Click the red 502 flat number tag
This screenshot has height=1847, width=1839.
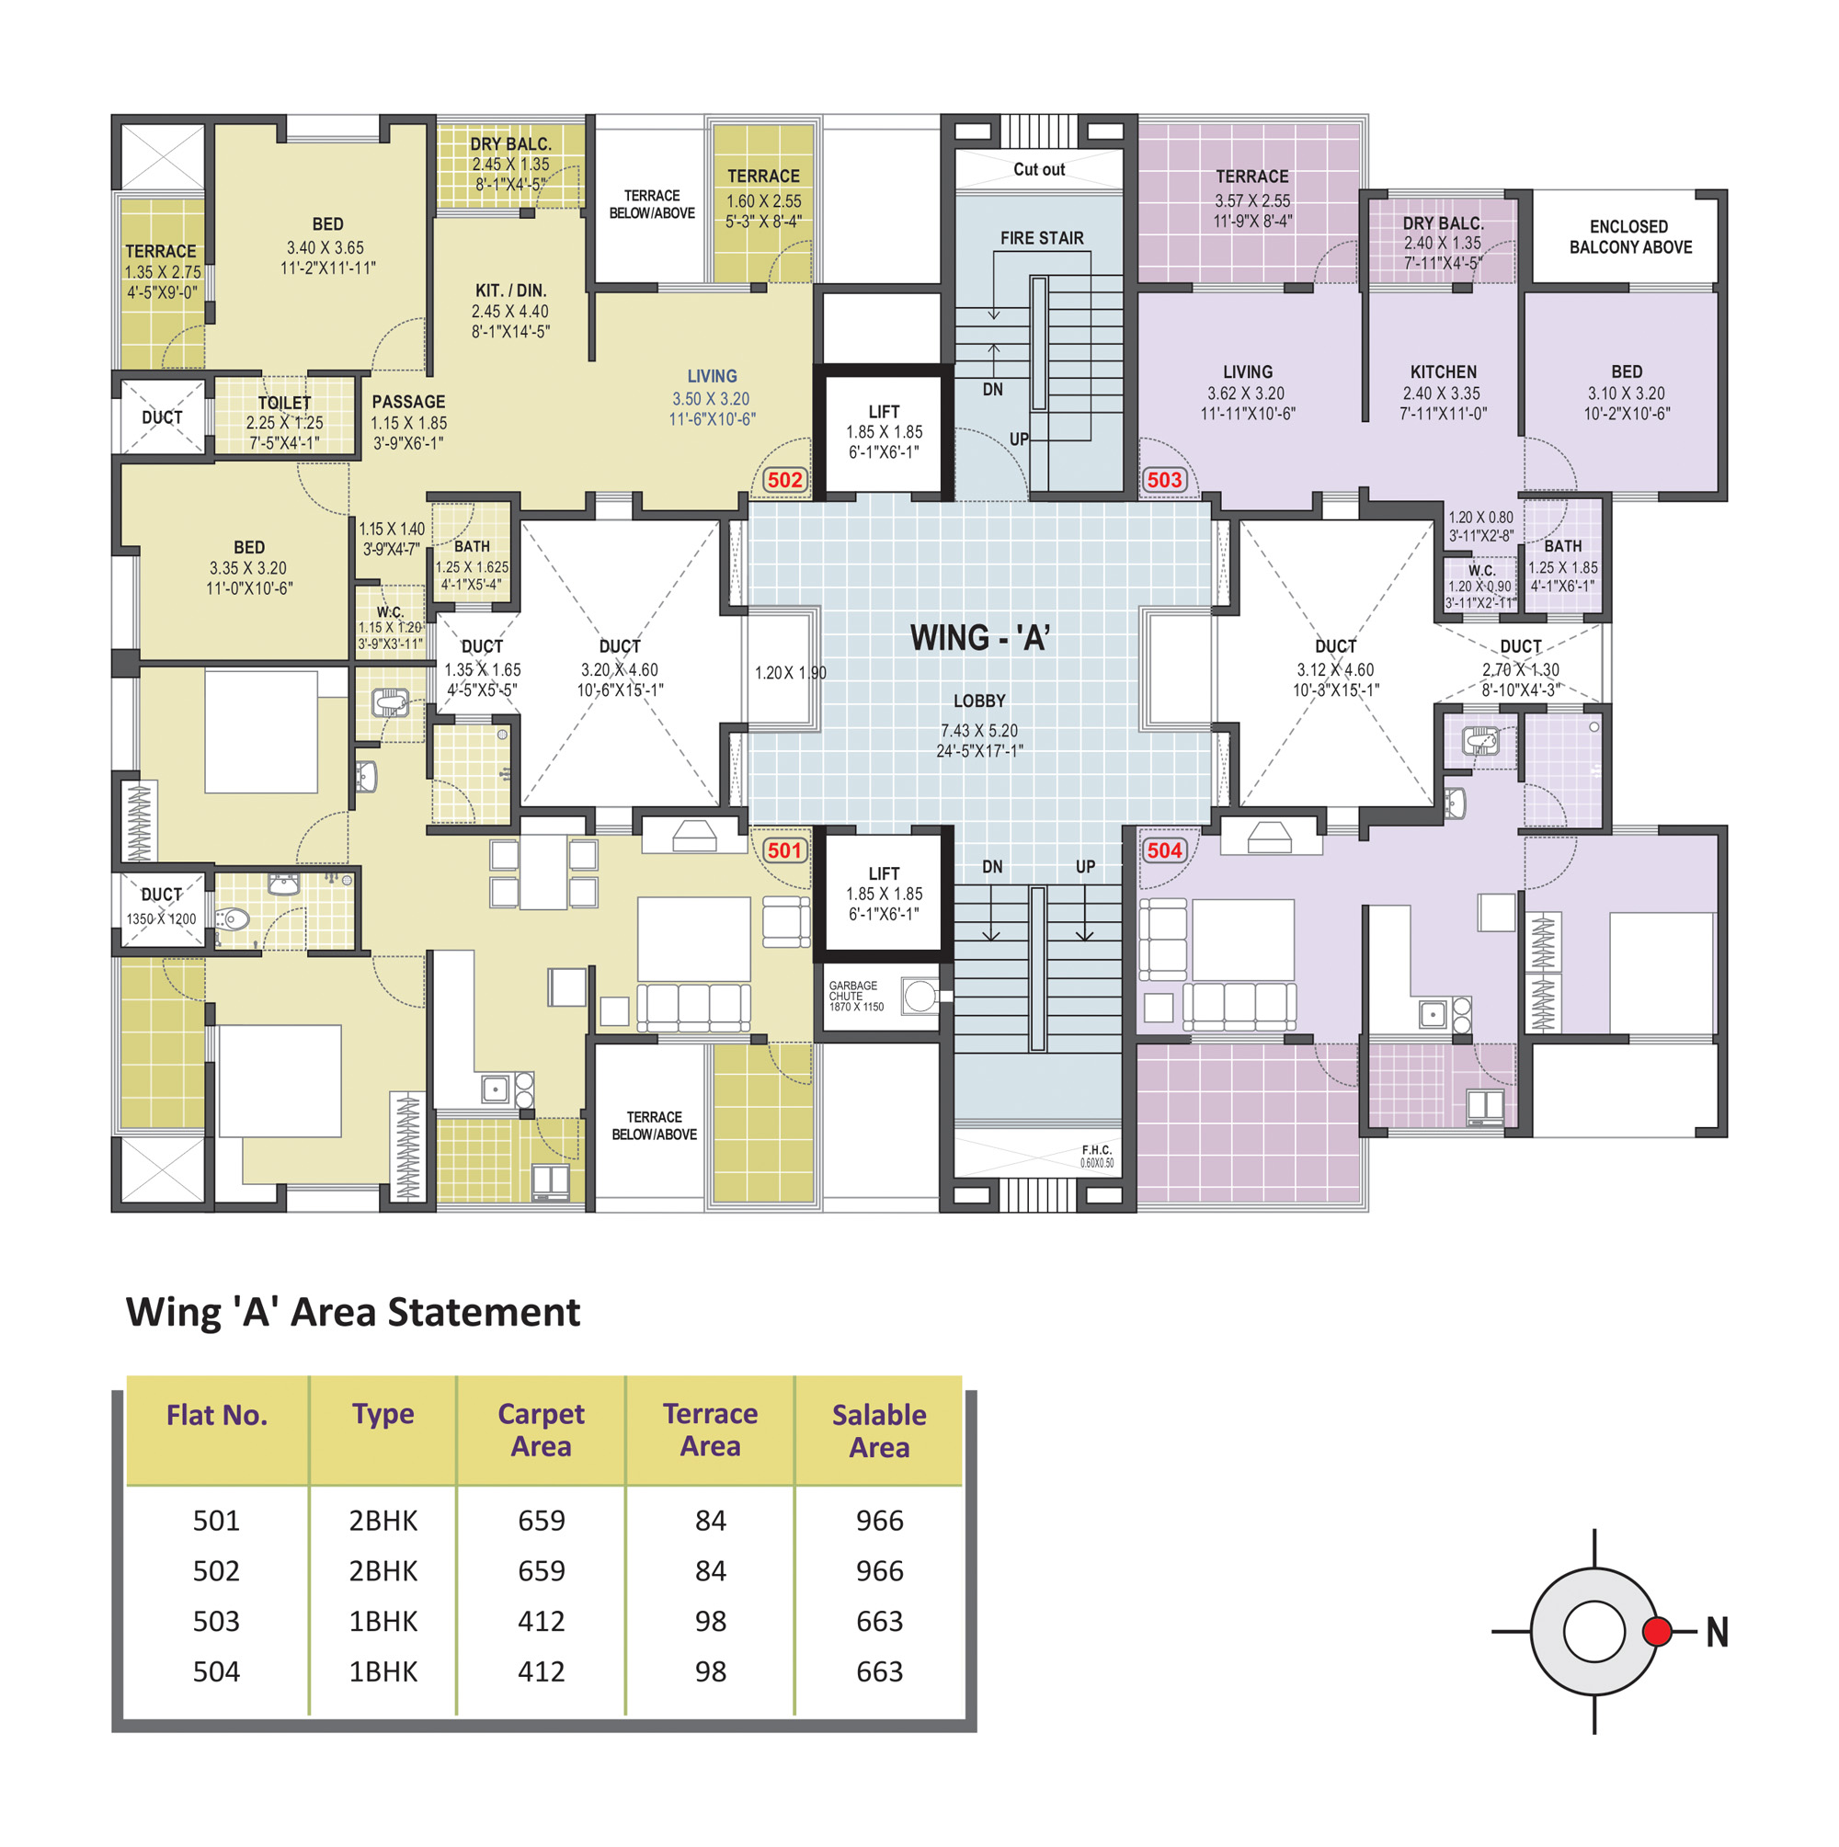point(784,480)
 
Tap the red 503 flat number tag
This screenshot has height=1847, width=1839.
point(1164,480)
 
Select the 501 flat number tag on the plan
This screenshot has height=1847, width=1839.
point(784,849)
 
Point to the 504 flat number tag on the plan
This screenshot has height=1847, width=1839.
point(1164,849)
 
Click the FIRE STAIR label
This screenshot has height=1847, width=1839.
point(1042,238)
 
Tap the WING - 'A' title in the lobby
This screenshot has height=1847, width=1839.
point(979,638)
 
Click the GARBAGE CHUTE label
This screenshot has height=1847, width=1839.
point(853,990)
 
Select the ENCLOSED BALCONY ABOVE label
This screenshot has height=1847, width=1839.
point(1629,237)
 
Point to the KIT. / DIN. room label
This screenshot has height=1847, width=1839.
point(510,291)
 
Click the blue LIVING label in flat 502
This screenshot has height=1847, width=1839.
point(712,377)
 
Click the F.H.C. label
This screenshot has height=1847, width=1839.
point(1096,1150)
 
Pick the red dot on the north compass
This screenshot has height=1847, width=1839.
point(1656,1631)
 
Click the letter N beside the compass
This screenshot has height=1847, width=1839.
point(1717,1632)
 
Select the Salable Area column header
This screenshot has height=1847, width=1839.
point(879,1431)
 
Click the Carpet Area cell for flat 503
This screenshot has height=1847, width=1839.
point(542,1622)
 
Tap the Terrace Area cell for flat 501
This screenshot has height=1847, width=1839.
point(711,1520)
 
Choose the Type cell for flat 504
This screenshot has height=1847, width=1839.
point(383,1671)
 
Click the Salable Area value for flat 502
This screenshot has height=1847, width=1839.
point(879,1570)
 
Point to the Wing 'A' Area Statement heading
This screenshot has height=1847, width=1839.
point(353,1312)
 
